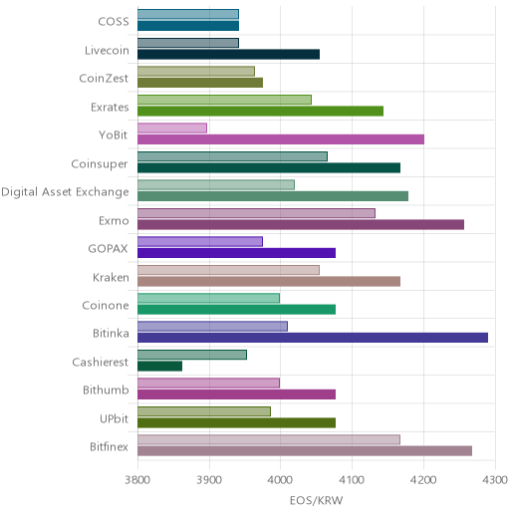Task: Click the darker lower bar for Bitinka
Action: pos(313,338)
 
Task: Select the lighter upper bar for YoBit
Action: pos(172,129)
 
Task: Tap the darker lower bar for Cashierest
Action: pos(160,367)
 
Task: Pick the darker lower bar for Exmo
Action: pos(301,225)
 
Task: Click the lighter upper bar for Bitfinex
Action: pos(269,439)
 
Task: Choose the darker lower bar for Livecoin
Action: pos(229,54)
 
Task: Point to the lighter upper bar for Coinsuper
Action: pos(232,156)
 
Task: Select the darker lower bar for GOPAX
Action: pos(237,253)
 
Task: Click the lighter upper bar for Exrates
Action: pos(224,100)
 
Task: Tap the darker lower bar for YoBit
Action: pos(281,139)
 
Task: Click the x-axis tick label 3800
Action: pos(137,480)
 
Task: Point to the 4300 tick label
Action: pos(495,480)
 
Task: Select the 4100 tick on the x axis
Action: pos(352,480)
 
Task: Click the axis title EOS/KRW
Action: pos(316,500)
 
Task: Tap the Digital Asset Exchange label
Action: pos(65,192)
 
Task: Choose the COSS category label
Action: pos(114,22)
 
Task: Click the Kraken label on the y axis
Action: pos(111,277)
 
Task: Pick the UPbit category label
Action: pos(115,419)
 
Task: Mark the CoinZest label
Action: pos(104,79)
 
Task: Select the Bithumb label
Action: pos(106,389)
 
